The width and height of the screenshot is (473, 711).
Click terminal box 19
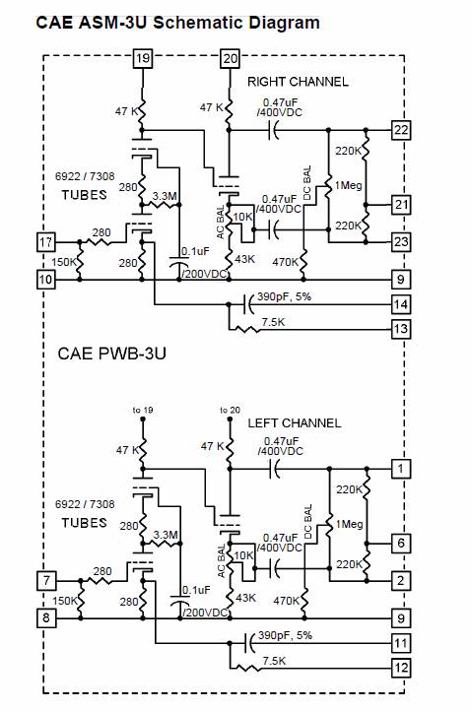pos(143,58)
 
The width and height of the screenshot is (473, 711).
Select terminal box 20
pos(231,58)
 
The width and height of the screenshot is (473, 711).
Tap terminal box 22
pos(401,130)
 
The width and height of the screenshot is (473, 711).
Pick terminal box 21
pos(401,205)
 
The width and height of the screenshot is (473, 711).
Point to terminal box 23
pos(401,241)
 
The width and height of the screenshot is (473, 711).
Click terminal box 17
pos(46,241)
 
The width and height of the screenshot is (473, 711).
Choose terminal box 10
pos(46,280)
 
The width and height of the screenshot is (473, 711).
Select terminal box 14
pos(401,304)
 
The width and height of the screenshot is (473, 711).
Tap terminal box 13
pos(401,329)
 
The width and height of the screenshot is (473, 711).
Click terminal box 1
pos(401,469)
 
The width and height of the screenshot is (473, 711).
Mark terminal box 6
pos(401,544)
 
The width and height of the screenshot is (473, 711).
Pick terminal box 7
pos(46,580)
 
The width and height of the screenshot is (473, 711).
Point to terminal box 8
pos(46,617)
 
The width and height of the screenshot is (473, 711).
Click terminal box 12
pos(401,668)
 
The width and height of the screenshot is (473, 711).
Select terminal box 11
pos(401,643)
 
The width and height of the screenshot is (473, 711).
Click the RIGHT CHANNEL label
pos(298,82)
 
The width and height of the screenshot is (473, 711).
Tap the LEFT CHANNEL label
pos(295,423)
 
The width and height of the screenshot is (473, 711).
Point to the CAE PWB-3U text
pos(111,354)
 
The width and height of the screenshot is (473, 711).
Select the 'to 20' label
pos(231,410)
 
